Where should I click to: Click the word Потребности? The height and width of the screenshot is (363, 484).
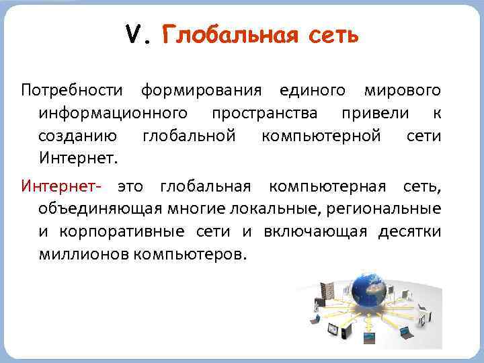pyautogui.click(x=72, y=89)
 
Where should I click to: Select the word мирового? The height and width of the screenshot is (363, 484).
pyautogui.click(x=402, y=89)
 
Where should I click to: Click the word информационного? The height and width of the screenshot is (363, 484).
pyautogui.click(x=112, y=113)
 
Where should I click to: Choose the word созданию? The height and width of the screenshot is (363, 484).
pyautogui.click(x=78, y=136)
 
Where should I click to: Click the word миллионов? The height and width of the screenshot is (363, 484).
pyautogui.click(x=85, y=255)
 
